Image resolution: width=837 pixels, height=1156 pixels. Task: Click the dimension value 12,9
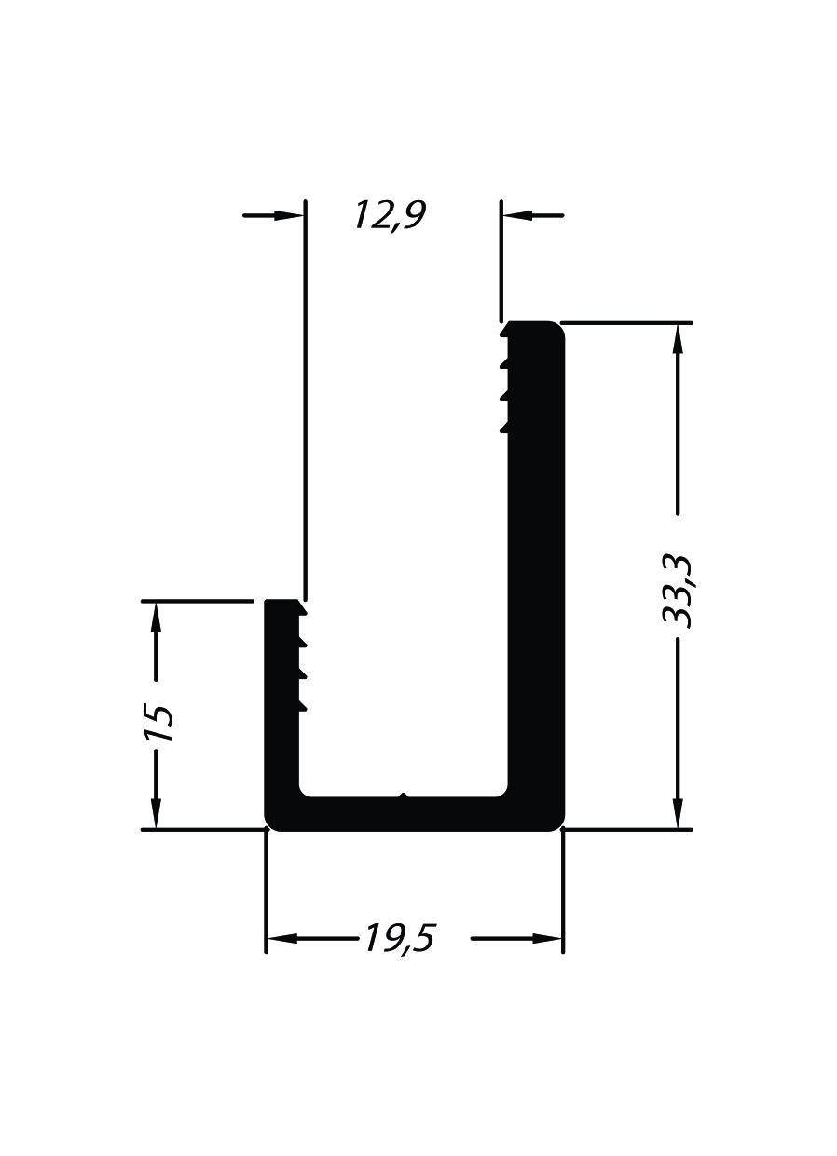coord(391,216)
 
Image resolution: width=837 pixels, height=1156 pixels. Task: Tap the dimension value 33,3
coord(677,592)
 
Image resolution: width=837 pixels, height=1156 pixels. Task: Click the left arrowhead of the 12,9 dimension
coord(289,215)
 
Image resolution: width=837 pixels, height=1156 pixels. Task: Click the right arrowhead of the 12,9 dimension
coord(517,215)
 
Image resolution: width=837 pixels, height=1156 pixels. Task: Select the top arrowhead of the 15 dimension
coord(156,618)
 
